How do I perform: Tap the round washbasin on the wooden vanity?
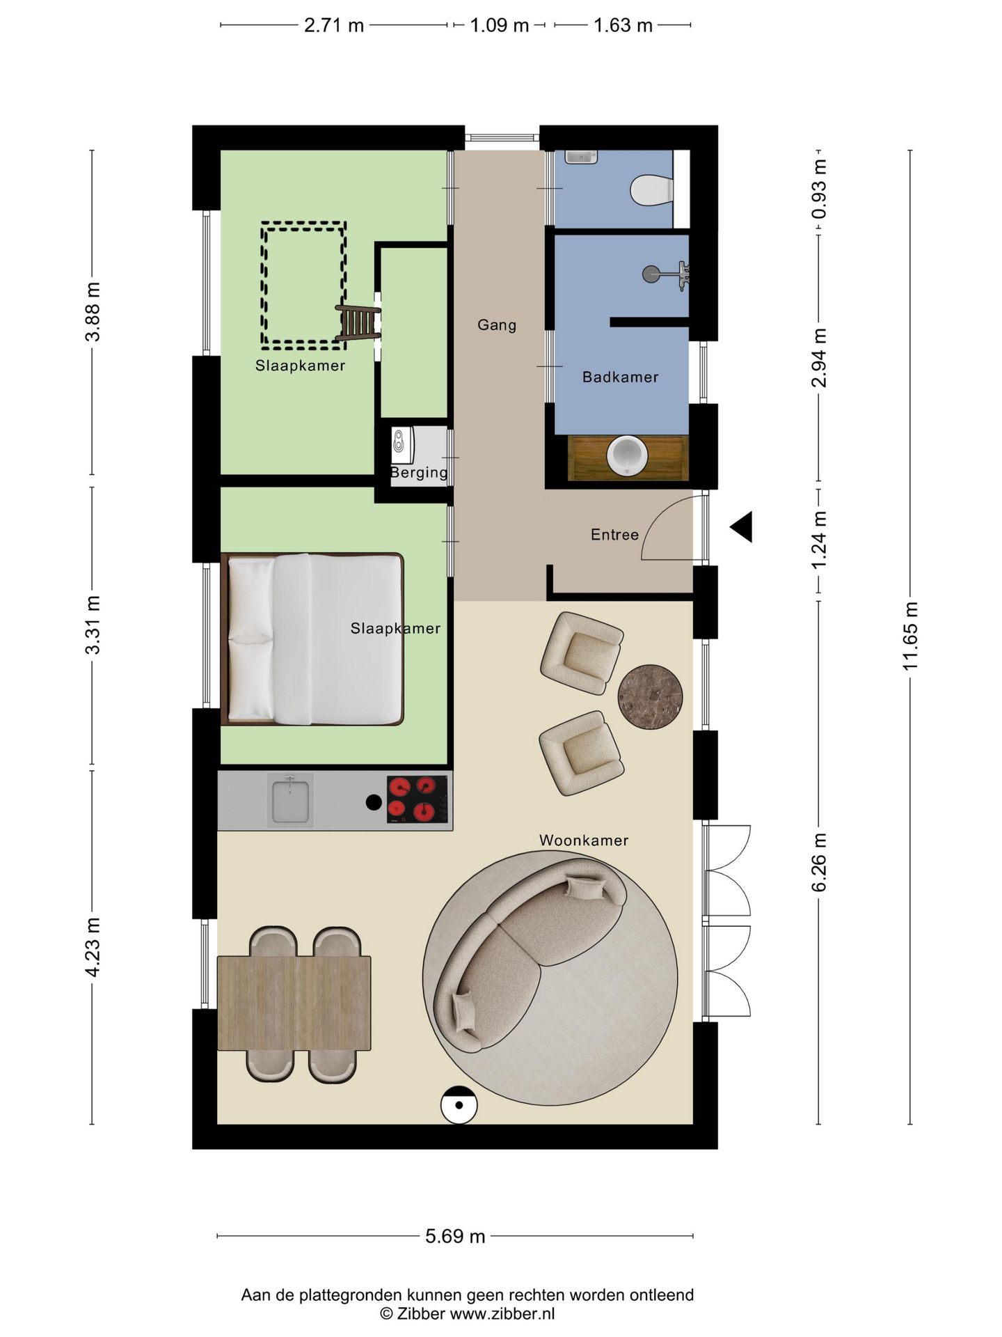coord(627,456)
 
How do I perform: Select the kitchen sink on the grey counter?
coord(290,801)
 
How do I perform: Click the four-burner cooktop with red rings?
coord(417,799)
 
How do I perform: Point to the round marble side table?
coord(650,697)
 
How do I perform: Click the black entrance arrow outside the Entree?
coord(741,526)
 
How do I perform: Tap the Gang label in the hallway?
coord(497,325)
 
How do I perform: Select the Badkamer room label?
coord(620,377)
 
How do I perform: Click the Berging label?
coord(419,473)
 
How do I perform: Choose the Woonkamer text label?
coord(584,840)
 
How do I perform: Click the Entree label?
coord(614,535)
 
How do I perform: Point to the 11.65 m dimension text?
coord(910,636)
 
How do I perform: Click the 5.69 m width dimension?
coord(455,1236)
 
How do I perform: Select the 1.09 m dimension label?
coord(500,26)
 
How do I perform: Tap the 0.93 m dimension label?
coord(819,189)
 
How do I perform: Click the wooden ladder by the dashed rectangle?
coord(358,322)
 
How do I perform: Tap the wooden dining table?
coord(294,1003)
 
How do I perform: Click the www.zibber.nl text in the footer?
coord(502,1314)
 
